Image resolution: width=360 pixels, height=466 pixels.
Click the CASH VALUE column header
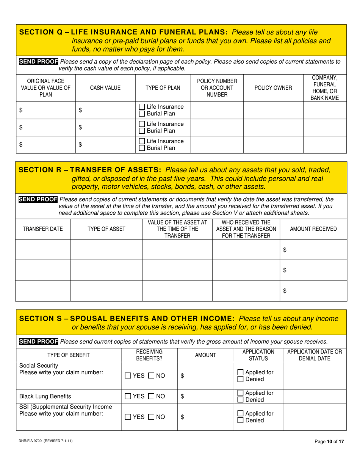click(x=105, y=88)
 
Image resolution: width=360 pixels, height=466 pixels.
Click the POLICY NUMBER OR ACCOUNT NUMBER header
click(x=216, y=88)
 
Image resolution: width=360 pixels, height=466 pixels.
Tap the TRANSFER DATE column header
click(x=43, y=229)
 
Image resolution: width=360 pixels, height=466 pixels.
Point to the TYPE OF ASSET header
click(x=106, y=229)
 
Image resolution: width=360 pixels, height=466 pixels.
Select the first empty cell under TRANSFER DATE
click(x=43, y=249)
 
